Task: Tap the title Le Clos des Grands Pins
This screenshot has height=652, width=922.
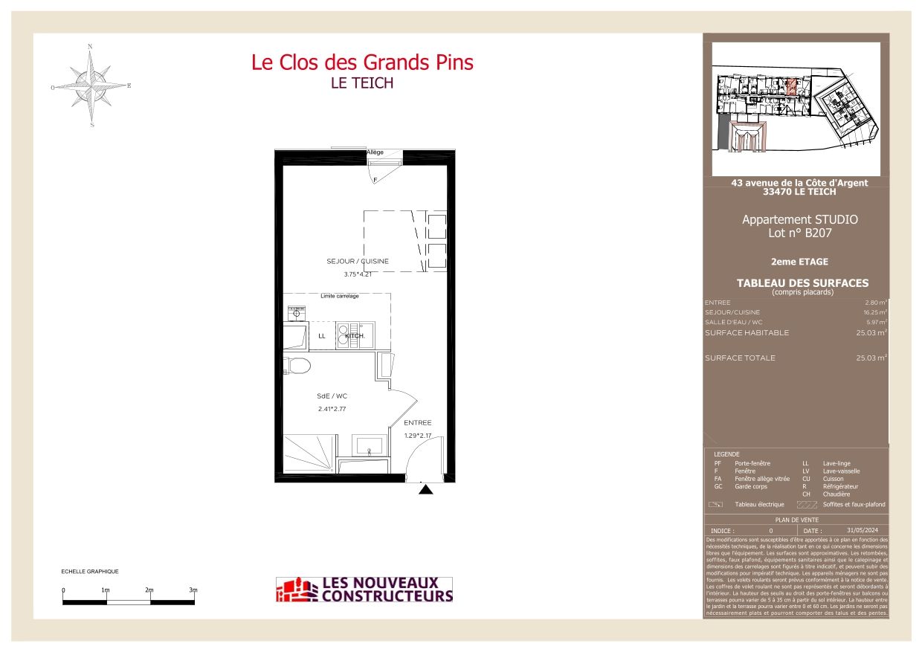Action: pyautogui.click(x=362, y=62)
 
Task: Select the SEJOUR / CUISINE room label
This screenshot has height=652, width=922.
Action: pyautogui.click(x=357, y=262)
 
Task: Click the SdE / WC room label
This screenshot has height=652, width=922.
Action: pyautogui.click(x=332, y=396)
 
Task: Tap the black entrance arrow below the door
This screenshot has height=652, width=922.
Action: pyautogui.click(x=425, y=489)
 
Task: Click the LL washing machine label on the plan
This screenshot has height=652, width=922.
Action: pyautogui.click(x=322, y=336)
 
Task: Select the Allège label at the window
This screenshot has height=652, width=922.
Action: pyautogui.click(x=375, y=152)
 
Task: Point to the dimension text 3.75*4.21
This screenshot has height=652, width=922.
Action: pyautogui.click(x=357, y=274)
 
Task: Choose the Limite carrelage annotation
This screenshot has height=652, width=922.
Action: pyautogui.click(x=339, y=297)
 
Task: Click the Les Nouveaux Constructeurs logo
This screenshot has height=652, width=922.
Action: pyautogui.click(x=364, y=590)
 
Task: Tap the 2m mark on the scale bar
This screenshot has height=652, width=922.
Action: pyautogui.click(x=149, y=590)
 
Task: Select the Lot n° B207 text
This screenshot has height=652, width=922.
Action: pyautogui.click(x=799, y=233)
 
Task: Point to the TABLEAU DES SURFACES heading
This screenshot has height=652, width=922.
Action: pyautogui.click(x=802, y=283)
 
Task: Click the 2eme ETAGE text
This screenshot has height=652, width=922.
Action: pyautogui.click(x=799, y=262)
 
